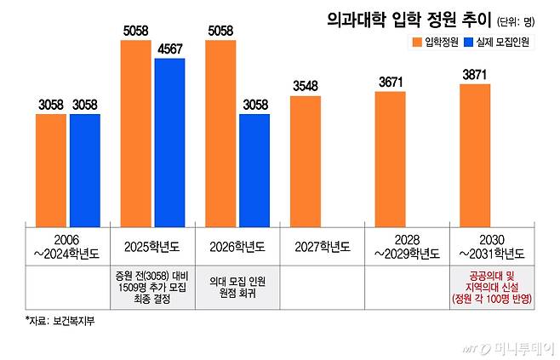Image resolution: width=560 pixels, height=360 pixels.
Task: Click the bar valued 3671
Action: tap(390, 157)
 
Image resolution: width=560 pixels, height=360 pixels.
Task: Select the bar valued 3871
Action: tap(474, 154)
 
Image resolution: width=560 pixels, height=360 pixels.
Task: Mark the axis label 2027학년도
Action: tap(322, 248)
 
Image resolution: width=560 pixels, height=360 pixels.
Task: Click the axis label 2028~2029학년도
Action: tap(406, 248)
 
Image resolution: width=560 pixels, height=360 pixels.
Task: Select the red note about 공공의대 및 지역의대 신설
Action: tap(490, 288)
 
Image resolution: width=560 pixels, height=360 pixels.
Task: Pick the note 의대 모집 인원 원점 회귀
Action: tap(237, 288)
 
